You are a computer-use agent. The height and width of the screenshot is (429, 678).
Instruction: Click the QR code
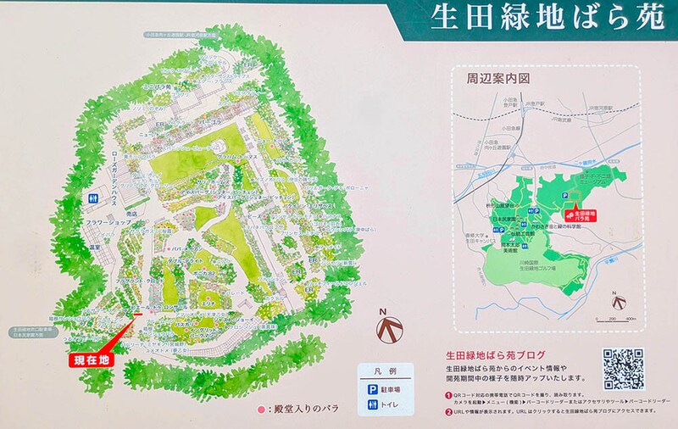(x=623, y=369)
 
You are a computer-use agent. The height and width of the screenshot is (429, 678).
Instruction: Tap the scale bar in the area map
(x=618, y=319)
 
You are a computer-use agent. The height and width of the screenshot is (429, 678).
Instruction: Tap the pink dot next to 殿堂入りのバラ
(x=261, y=409)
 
